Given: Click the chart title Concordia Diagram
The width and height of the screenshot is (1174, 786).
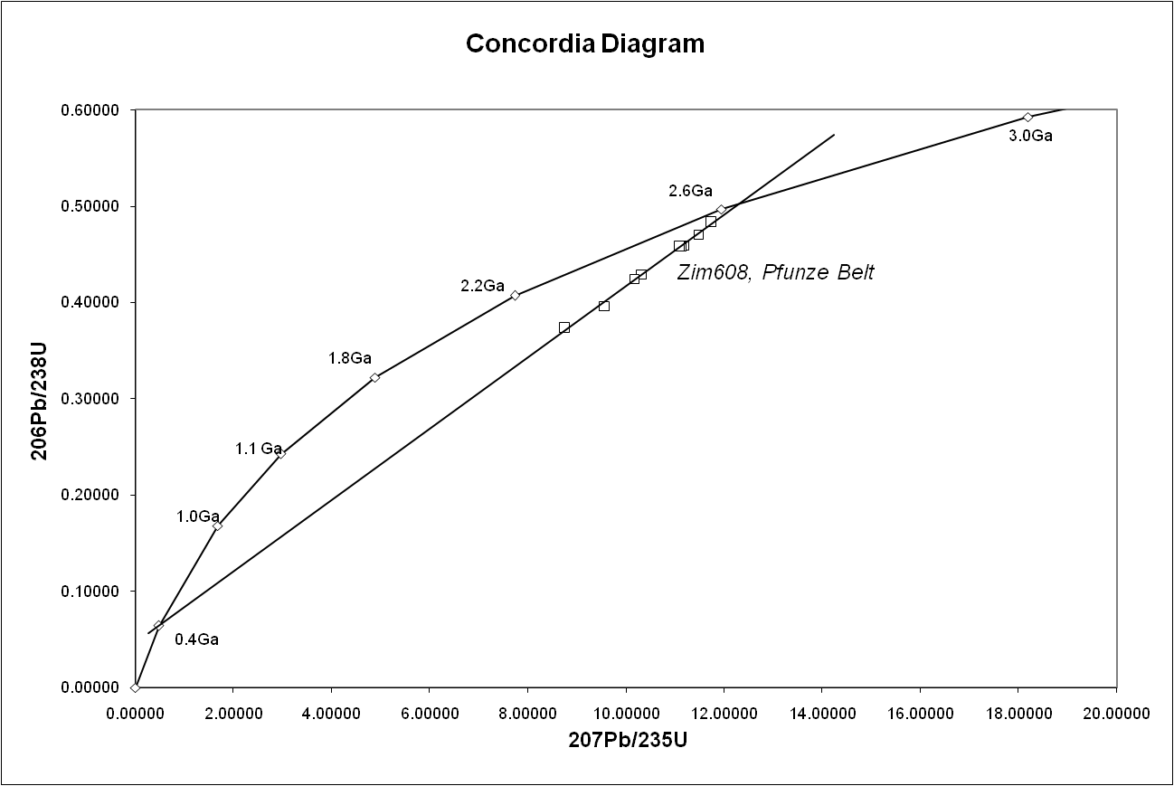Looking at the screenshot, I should click(x=584, y=43).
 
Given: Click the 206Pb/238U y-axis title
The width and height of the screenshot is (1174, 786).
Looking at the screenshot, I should click(x=39, y=399).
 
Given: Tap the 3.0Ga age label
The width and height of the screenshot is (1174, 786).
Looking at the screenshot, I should click(x=1031, y=137).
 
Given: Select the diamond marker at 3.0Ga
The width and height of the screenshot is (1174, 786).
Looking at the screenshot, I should click(x=1027, y=117).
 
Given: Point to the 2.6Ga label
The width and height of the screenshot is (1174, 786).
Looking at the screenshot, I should click(x=691, y=191).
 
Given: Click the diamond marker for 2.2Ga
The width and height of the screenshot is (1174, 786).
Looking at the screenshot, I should click(x=515, y=295).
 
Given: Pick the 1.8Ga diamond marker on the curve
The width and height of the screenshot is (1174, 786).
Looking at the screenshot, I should click(x=374, y=377).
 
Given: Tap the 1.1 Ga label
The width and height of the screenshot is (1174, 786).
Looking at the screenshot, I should click(x=260, y=449).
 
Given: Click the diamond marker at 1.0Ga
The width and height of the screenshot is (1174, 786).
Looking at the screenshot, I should click(x=217, y=526).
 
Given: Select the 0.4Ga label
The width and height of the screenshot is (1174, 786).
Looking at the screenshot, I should click(x=197, y=639).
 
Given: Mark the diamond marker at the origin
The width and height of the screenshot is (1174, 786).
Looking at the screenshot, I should click(x=135, y=687).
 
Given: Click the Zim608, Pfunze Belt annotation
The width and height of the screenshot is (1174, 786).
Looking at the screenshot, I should click(x=775, y=272).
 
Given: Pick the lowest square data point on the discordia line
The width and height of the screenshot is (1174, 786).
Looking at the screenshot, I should click(x=564, y=327).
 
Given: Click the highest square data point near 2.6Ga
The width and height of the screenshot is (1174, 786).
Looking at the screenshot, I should click(x=711, y=222).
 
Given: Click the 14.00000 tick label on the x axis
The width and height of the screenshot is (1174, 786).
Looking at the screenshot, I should click(x=821, y=713).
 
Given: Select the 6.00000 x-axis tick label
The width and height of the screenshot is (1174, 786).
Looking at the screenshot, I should click(x=429, y=713).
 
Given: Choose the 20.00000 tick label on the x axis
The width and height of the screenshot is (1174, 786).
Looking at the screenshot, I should click(x=1115, y=713).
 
